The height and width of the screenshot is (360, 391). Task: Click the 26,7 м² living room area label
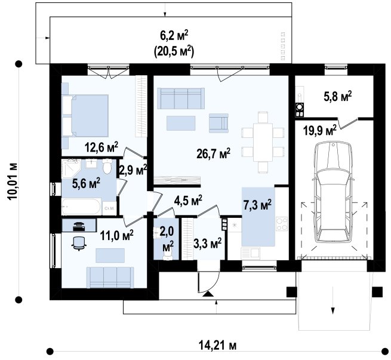(x=213, y=154)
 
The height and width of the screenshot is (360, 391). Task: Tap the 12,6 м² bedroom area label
(x=101, y=147)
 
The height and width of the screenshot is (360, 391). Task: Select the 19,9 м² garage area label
(x=320, y=130)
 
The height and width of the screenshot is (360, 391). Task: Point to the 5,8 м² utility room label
(x=338, y=96)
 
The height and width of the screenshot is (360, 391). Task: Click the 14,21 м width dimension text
(x=217, y=346)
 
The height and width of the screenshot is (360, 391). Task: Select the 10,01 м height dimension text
(x=13, y=181)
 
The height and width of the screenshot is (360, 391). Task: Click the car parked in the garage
(x=334, y=192)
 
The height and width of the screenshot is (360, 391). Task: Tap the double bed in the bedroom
(x=85, y=115)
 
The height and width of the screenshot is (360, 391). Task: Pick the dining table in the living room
(x=263, y=142)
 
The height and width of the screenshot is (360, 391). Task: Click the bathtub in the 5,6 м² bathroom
(x=81, y=207)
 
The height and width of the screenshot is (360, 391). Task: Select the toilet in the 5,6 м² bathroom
(x=107, y=166)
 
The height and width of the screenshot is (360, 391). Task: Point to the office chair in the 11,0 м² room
(x=79, y=243)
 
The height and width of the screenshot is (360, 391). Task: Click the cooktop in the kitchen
(x=282, y=224)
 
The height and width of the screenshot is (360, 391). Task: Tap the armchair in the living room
(x=218, y=123)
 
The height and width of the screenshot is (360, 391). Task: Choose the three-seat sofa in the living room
(x=181, y=99)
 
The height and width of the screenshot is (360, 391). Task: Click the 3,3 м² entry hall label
(x=208, y=244)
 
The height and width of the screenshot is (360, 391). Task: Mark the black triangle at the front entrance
(x=208, y=294)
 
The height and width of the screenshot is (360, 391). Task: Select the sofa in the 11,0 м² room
(x=110, y=278)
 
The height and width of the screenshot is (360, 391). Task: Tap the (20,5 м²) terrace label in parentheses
(x=174, y=52)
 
